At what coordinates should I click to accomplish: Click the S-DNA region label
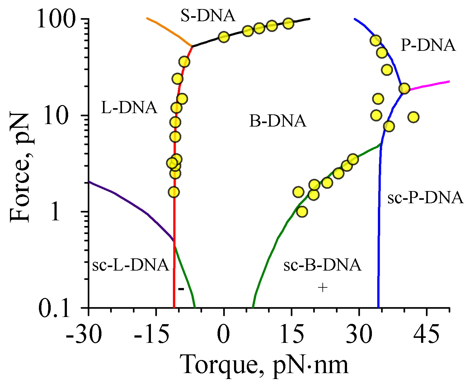[x=208, y=16]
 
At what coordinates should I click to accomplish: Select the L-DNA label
[x=129, y=108]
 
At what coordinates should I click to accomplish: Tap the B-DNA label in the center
[x=278, y=121]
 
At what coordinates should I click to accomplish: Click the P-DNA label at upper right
[x=428, y=46]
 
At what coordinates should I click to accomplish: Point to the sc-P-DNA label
[x=425, y=198]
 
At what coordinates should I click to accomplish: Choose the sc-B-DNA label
[x=322, y=265]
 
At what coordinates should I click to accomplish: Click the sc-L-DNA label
[x=131, y=265]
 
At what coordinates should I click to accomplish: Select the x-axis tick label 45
[x=426, y=335]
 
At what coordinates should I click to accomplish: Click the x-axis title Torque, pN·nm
[x=265, y=365]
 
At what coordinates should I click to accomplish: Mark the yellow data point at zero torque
[x=224, y=37]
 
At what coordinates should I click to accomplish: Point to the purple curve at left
[x=131, y=203]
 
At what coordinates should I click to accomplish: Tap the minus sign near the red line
[x=181, y=289]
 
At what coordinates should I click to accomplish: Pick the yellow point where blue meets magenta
[x=404, y=88]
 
